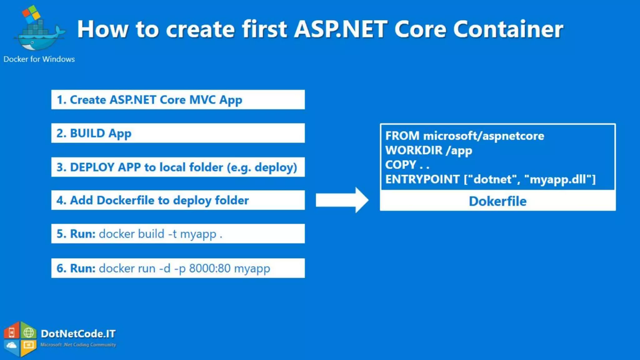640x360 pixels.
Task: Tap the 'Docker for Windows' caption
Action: tap(39, 59)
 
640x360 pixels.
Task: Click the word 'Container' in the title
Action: tap(508, 29)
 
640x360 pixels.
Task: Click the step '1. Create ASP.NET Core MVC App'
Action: tap(149, 100)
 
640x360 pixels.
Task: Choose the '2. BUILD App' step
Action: tap(94, 133)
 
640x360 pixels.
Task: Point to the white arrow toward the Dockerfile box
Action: tap(342, 200)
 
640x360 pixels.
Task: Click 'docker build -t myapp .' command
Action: tap(160, 234)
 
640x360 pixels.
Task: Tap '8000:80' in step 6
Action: tap(210, 268)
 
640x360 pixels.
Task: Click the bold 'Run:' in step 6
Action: tap(82, 268)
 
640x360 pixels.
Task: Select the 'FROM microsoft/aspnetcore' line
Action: tap(464, 136)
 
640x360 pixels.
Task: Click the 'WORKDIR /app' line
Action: tap(428, 151)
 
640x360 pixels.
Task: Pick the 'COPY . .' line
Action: tap(407, 165)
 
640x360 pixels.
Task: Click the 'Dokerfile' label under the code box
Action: tap(497, 201)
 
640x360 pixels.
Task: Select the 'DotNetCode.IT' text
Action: tap(78, 334)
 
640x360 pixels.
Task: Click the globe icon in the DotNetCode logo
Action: tap(29, 332)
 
